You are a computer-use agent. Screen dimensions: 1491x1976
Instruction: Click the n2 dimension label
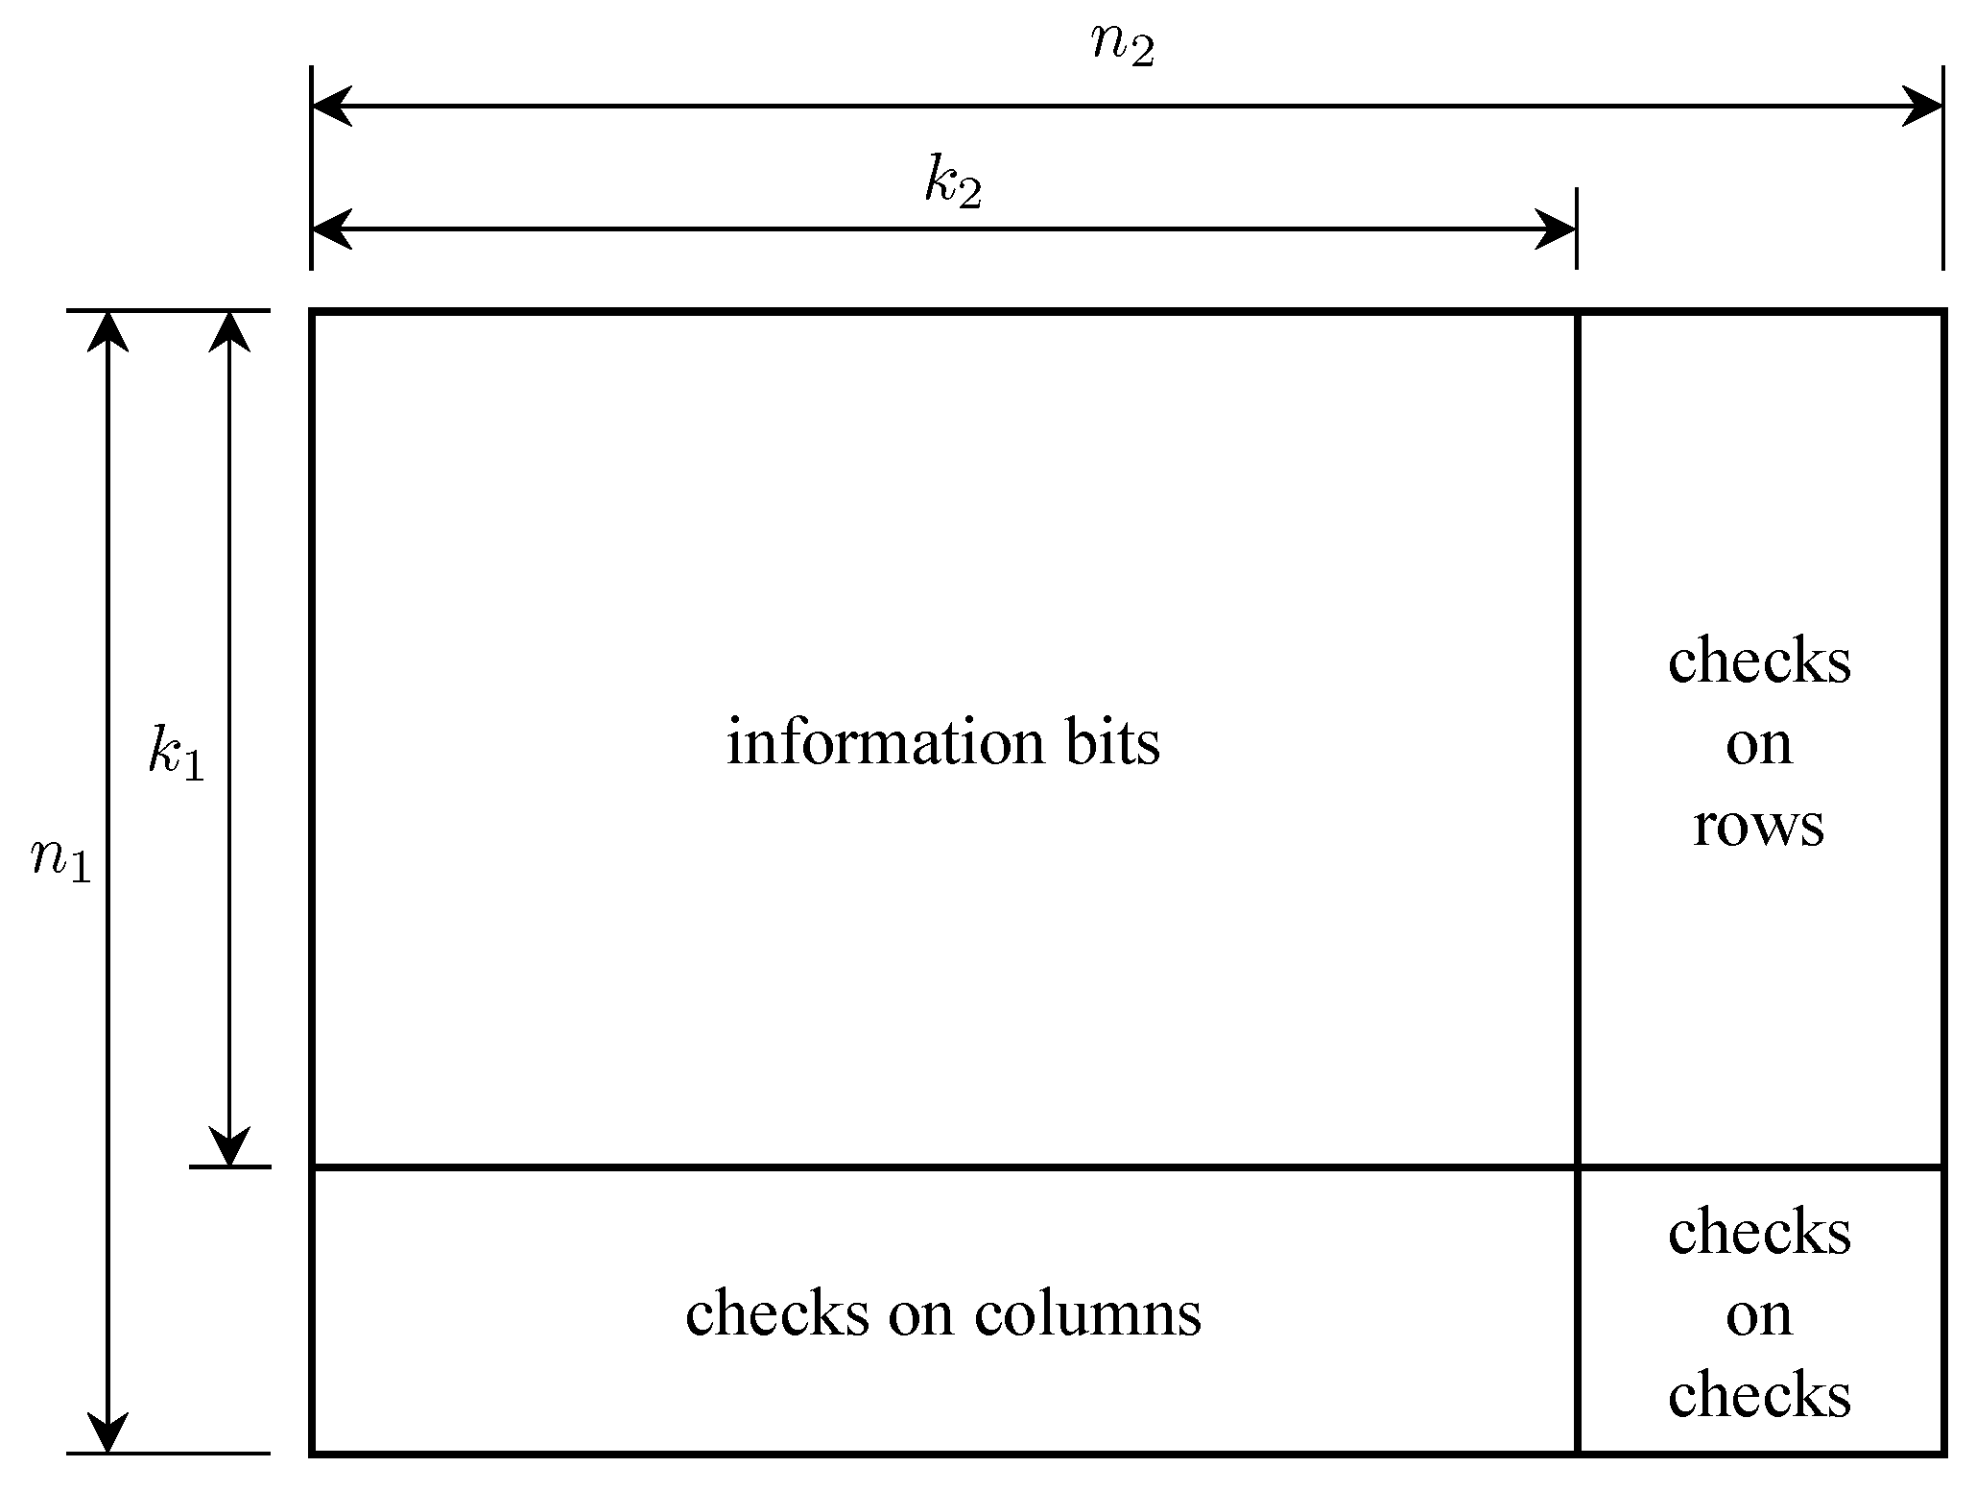1123,46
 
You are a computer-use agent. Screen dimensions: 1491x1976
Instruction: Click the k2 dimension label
953,183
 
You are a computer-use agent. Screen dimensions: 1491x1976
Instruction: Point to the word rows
1758,825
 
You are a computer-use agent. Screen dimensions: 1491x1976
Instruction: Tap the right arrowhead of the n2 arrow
1922,106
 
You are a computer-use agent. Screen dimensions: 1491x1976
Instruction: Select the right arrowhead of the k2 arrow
1556,229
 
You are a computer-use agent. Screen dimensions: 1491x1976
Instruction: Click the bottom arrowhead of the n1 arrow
107,1432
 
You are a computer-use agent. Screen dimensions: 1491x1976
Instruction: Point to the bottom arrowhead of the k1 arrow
229,1146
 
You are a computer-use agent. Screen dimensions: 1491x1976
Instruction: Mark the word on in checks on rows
1758,745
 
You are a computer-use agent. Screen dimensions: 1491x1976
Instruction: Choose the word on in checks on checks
1758,1316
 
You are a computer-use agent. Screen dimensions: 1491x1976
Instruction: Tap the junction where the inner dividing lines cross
1577,1166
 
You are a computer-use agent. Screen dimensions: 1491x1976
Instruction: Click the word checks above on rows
1758,661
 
